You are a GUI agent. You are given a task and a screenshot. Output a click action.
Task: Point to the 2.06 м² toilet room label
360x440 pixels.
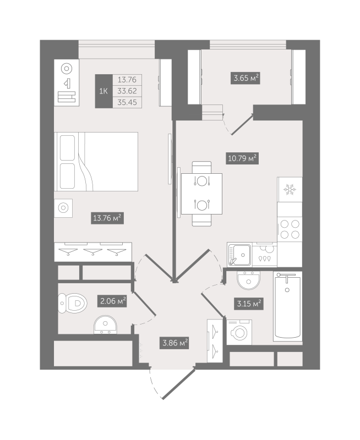pyautogui.click(x=112, y=301)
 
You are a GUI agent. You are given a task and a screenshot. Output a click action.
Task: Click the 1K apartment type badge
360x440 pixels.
pyautogui.click(x=103, y=91)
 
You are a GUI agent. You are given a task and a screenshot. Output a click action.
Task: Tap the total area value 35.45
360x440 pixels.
pyautogui.click(x=127, y=102)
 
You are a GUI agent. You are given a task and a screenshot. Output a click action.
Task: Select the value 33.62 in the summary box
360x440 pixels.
pyautogui.click(x=127, y=91)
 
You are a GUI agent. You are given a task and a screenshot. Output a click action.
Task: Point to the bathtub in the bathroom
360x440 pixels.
pyautogui.click(x=287, y=306)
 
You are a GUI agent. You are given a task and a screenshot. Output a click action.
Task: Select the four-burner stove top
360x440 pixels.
pyautogui.click(x=290, y=229)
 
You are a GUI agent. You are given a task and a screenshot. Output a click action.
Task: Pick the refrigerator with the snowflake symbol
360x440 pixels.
pyautogui.click(x=290, y=190)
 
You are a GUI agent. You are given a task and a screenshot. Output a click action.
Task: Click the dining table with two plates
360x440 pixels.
pyautogui.click(x=201, y=193)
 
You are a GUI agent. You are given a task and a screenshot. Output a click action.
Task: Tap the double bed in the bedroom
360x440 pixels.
pyautogui.click(x=96, y=161)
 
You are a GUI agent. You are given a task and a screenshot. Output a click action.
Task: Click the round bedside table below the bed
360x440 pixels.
pyautogui.click(x=63, y=208)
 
